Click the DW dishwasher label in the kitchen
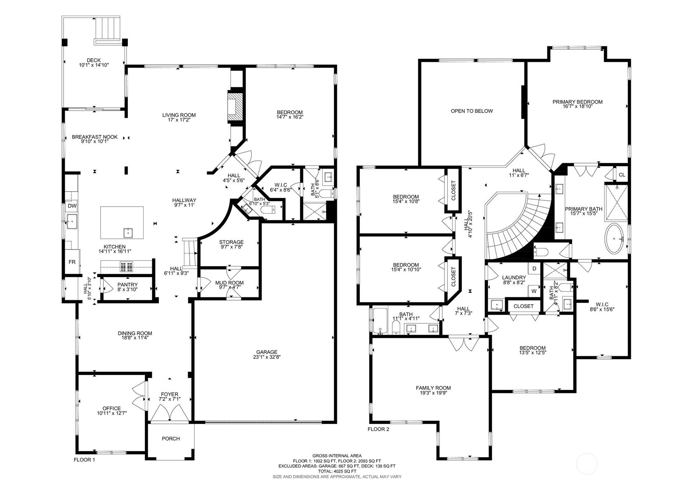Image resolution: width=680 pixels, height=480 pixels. (72, 206)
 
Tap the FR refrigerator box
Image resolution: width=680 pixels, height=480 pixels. (72, 262)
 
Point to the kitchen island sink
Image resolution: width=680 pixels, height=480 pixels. (129, 233)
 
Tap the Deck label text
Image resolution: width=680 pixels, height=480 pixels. (94, 60)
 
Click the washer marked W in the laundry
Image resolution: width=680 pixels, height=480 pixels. (534, 291)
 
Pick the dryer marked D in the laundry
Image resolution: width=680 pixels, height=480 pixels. (534, 269)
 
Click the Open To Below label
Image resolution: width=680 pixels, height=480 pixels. (472, 111)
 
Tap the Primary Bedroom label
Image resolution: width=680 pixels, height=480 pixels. (577, 102)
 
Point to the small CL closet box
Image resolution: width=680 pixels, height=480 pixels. (622, 175)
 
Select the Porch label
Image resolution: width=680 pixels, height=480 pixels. (170, 438)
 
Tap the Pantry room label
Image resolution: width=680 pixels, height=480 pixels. (127, 285)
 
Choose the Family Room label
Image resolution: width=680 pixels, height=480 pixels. (433, 388)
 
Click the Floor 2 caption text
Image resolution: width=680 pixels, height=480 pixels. (378, 429)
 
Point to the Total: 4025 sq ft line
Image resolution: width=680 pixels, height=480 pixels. (336, 471)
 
